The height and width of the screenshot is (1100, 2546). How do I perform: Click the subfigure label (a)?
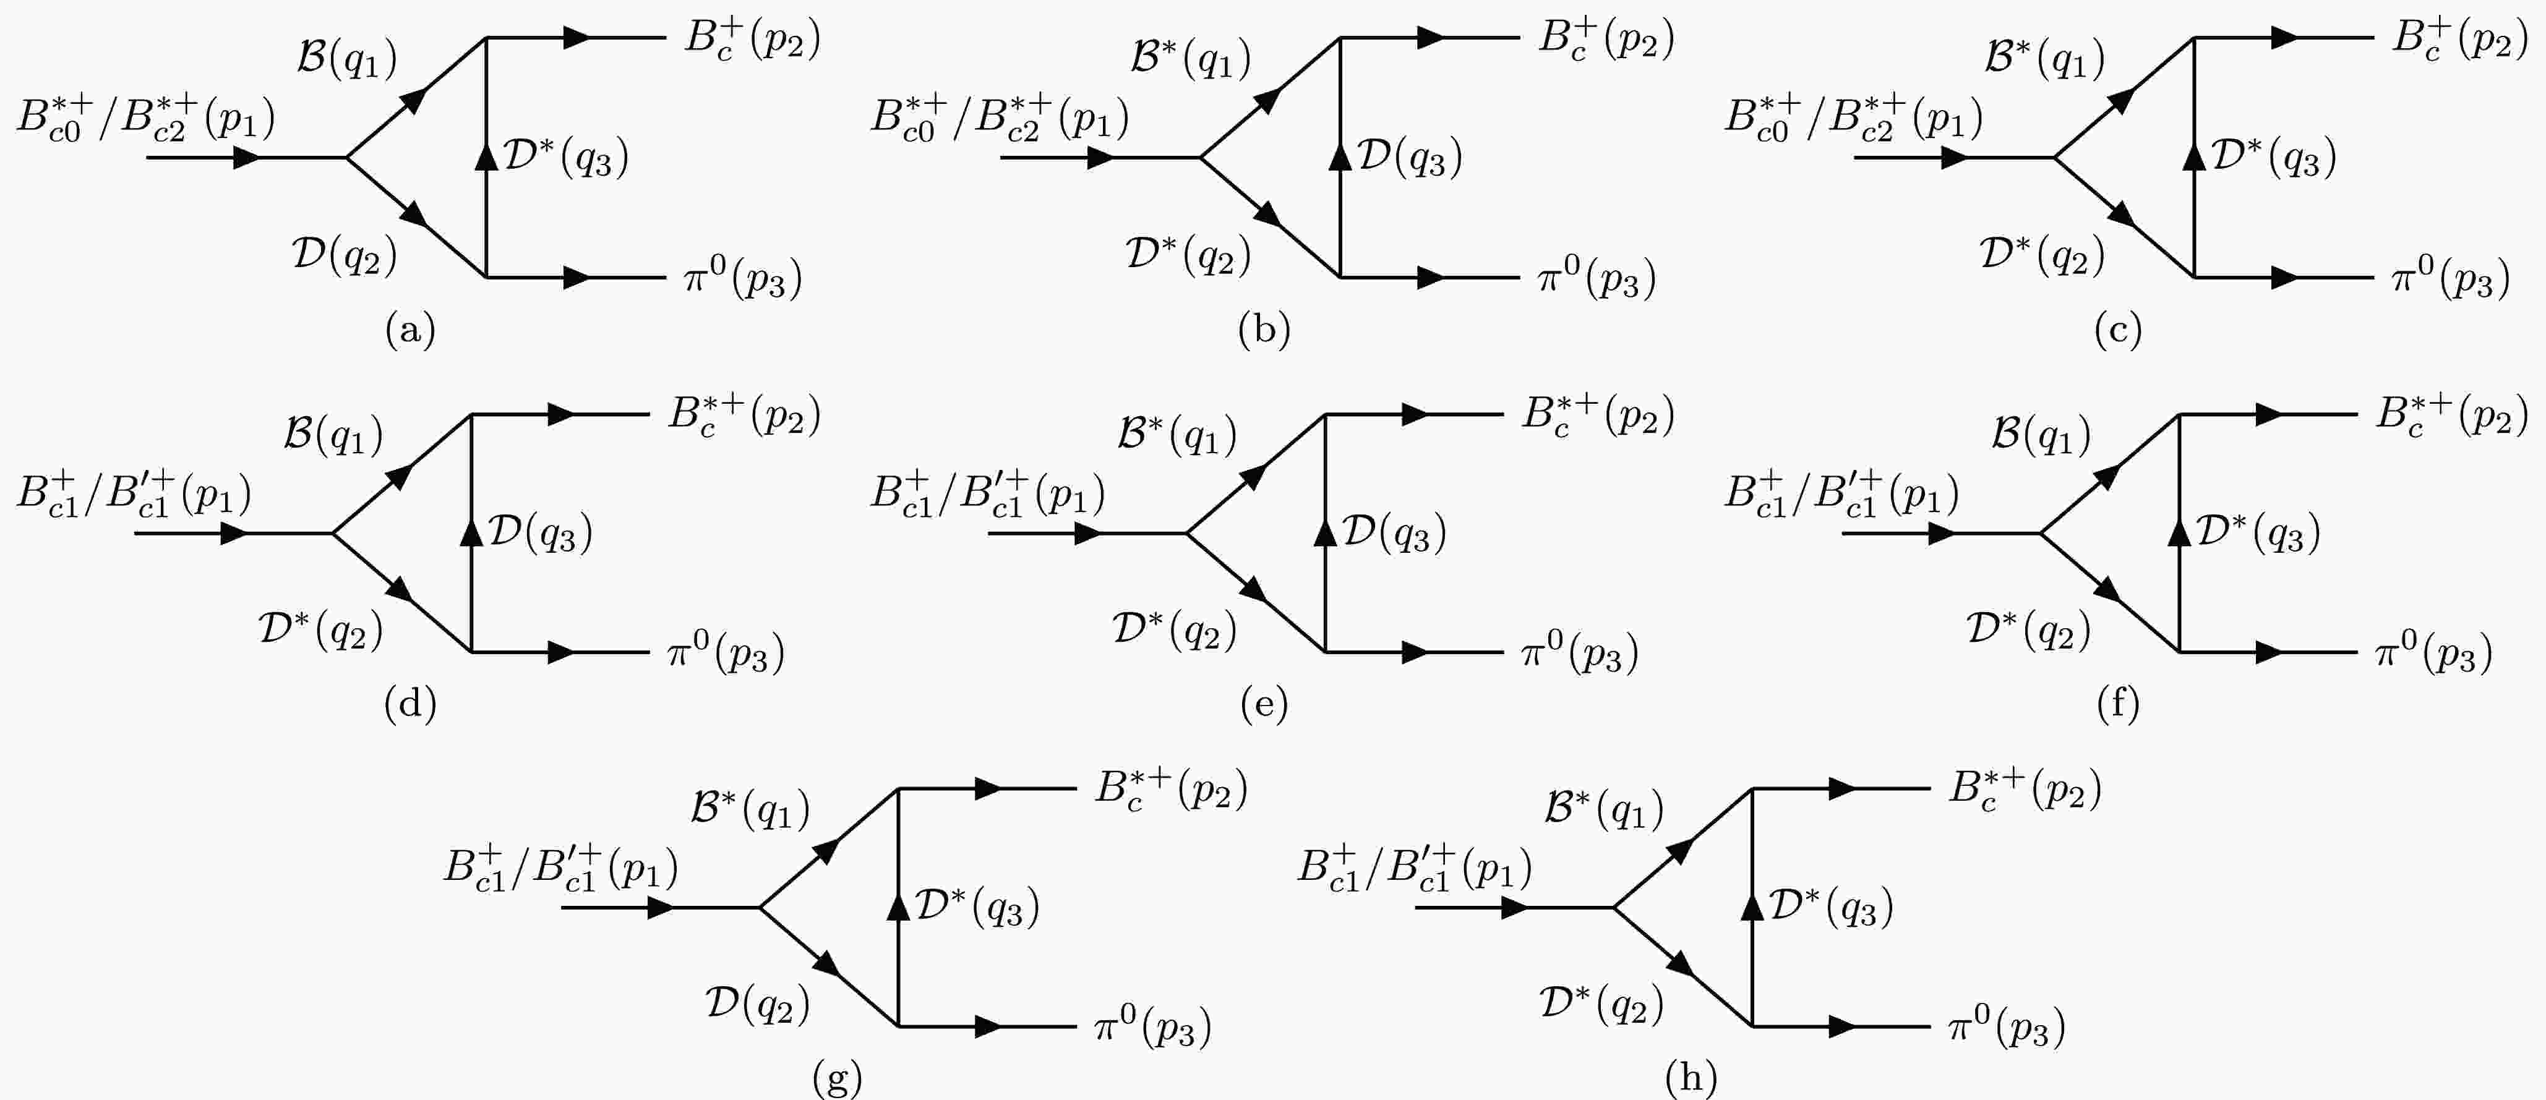410,329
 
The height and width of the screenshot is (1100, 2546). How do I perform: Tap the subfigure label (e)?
1264,704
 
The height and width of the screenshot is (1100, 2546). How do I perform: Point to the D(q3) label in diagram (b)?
1409,157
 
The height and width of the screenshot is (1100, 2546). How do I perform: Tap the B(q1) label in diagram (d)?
333,434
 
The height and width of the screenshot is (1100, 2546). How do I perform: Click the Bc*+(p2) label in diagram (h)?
2024,789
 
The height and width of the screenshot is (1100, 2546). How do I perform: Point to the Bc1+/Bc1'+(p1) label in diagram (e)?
987,494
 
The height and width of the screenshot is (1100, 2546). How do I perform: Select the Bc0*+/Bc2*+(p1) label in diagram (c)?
1853,119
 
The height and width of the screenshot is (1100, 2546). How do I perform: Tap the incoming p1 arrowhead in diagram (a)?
247,157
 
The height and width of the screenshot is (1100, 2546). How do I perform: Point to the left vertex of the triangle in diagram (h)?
1614,907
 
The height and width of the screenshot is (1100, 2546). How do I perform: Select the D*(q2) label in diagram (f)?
2028,629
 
